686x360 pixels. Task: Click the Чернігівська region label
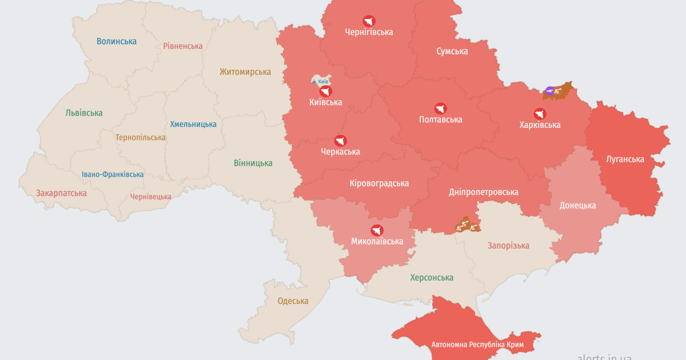click(369, 32)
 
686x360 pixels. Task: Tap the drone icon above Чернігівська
click(369, 21)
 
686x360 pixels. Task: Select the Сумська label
click(452, 51)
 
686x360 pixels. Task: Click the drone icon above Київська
click(325, 91)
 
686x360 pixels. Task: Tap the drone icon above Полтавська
click(440, 108)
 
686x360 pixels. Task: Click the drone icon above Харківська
click(540, 113)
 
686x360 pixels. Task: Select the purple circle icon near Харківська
click(549, 90)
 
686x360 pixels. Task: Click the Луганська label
click(625, 159)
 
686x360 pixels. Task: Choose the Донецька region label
click(577, 206)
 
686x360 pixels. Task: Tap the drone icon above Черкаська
click(340, 141)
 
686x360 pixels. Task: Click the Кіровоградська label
click(379, 183)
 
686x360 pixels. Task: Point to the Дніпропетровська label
click(483, 192)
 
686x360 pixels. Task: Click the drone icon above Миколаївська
click(377, 230)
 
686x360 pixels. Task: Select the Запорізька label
click(508, 246)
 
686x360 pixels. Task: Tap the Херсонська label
click(432, 278)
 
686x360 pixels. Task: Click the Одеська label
click(293, 301)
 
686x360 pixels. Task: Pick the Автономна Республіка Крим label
click(477, 345)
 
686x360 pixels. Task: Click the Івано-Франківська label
click(113, 174)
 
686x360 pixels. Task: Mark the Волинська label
click(117, 41)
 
